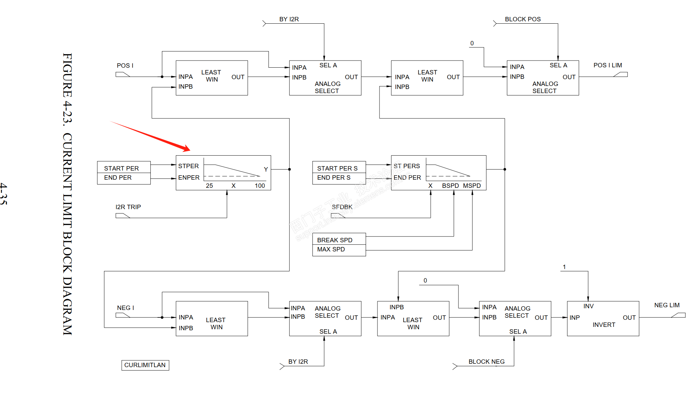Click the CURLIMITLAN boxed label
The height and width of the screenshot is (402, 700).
pos(145,365)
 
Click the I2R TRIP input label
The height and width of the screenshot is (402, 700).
pos(128,207)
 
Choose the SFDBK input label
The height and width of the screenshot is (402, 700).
pos(342,207)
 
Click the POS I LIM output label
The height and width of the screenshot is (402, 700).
pos(608,65)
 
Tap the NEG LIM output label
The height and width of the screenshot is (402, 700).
pos(666,305)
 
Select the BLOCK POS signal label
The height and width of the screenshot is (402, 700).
pos(522,19)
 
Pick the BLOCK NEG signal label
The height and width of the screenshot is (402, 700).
pos(486,362)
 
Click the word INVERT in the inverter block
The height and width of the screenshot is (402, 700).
pos(604,325)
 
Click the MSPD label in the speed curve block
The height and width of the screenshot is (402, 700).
pos(472,186)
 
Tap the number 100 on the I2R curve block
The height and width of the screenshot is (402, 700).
pos(260,186)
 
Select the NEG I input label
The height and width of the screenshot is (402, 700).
pos(125,308)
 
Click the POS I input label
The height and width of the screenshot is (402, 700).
pos(125,66)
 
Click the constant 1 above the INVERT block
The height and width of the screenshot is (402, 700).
pos(564,267)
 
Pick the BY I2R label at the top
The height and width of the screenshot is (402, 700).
pos(289,19)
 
